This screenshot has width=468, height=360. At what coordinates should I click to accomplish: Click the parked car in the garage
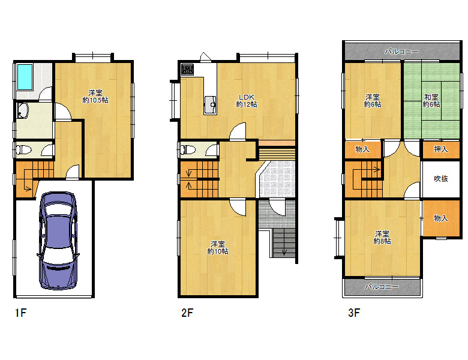pos(58,241)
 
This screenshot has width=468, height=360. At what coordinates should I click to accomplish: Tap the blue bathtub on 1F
pos(25,77)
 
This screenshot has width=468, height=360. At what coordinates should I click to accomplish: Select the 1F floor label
pos(20,313)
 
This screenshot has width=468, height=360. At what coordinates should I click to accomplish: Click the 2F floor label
pos(187,313)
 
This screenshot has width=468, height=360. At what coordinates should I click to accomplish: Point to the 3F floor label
pos(354,313)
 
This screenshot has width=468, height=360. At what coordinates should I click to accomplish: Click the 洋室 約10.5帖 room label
pos(95,97)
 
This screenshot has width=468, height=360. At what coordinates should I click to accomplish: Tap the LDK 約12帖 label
pos(247,101)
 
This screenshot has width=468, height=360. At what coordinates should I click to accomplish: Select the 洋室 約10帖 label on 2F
pos(218,248)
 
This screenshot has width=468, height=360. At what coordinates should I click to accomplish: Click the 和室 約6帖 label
pos(431,101)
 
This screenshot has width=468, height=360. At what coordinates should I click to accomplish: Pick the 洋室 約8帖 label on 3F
pos(382,238)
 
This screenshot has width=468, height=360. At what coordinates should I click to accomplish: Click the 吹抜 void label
pos(441,179)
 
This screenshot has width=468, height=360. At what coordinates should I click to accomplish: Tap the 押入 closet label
pos(441,149)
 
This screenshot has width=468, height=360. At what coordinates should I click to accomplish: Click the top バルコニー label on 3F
pos(401,52)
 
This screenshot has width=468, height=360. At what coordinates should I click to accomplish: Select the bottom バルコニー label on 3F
pos(382,287)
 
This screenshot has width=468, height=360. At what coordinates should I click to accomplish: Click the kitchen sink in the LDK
pos(211,105)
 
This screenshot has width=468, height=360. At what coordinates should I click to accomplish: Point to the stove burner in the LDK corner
pos(187,70)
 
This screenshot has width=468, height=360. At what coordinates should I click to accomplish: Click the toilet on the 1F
pos(23,149)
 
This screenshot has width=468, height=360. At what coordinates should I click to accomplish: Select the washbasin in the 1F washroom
pos(22,110)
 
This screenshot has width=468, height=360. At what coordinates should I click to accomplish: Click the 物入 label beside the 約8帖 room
pos(441,218)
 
